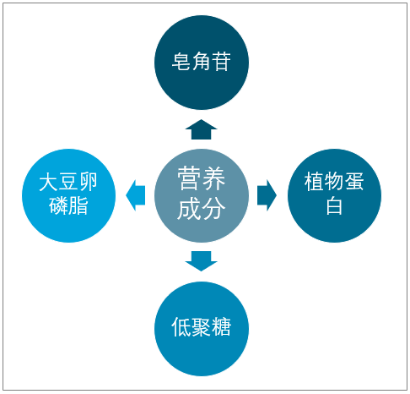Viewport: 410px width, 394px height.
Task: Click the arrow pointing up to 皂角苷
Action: pyautogui.click(x=201, y=129)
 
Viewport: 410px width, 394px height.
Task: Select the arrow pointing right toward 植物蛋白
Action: pyautogui.click(x=267, y=195)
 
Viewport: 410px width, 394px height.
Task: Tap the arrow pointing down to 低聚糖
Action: pyautogui.click(x=201, y=261)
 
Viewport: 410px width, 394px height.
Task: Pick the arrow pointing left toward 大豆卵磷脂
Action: pyautogui.click(x=136, y=195)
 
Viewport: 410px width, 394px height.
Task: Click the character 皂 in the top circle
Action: pyautogui.click(x=181, y=61)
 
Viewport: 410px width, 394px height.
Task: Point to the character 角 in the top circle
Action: pyautogui.click(x=202, y=61)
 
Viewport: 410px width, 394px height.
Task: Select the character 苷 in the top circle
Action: pyautogui.click(x=221, y=61)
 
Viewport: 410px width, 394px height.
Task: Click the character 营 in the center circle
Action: pyautogui.click(x=189, y=178)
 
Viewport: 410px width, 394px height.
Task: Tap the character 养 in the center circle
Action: pyautogui.click(x=213, y=178)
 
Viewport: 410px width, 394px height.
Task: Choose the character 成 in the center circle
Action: pyautogui.click(x=189, y=208)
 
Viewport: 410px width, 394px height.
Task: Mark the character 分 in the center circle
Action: pyautogui.click(x=213, y=208)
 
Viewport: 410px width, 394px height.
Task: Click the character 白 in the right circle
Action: pyautogui.click(x=334, y=206)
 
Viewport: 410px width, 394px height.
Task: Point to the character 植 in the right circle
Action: pyautogui.click(x=314, y=182)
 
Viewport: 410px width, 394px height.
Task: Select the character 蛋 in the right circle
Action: pyautogui.click(x=354, y=182)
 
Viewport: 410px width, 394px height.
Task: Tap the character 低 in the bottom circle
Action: pyautogui.click(x=181, y=327)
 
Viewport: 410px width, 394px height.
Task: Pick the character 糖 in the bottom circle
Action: pyautogui.click(x=221, y=327)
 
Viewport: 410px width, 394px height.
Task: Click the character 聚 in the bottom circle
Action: pyautogui.click(x=202, y=327)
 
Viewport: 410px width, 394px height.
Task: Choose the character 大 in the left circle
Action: pyautogui.click(x=48, y=182)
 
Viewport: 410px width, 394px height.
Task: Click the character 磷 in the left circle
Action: pyautogui.click(x=58, y=206)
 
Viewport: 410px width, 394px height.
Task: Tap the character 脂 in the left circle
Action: pyautogui.click(x=78, y=206)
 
